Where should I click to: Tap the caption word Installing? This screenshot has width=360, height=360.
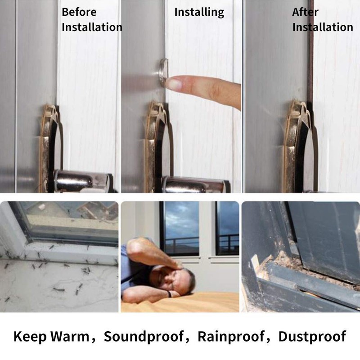click(x=199, y=12)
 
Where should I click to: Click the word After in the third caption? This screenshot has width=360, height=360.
click(x=305, y=12)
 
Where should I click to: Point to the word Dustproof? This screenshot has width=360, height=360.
click(x=312, y=336)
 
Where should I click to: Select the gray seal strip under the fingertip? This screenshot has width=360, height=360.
click(x=162, y=71)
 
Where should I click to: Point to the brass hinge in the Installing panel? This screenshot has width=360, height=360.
click(x=155, y=144)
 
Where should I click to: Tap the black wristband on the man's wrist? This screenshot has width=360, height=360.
click(x=170, y=294)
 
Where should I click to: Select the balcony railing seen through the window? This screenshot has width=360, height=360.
click(x=180, y=243)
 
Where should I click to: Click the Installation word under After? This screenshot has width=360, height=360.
click(x=323, y=27)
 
